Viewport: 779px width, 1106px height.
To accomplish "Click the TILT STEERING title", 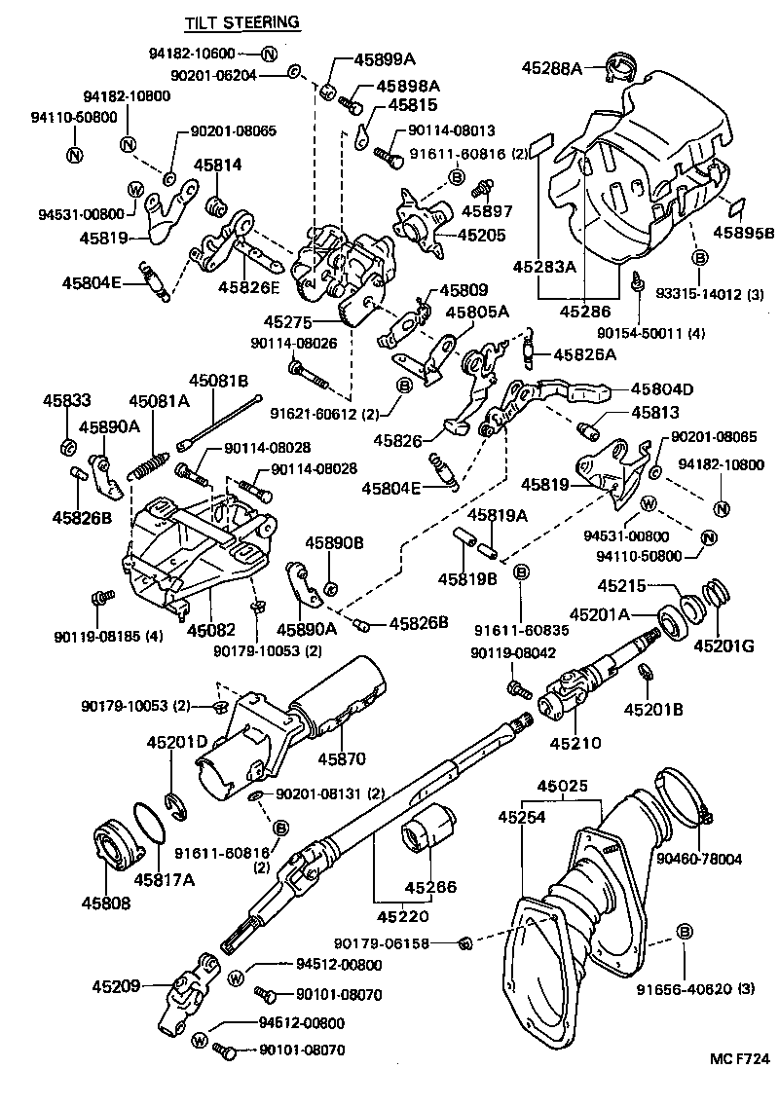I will click(242, 21).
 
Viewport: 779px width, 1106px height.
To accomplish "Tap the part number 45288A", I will click(551, 68).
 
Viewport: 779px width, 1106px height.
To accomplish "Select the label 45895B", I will click(743, 233).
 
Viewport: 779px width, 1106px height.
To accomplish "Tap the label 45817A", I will click(165, 880).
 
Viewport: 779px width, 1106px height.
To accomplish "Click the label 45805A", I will click(477, 312).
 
